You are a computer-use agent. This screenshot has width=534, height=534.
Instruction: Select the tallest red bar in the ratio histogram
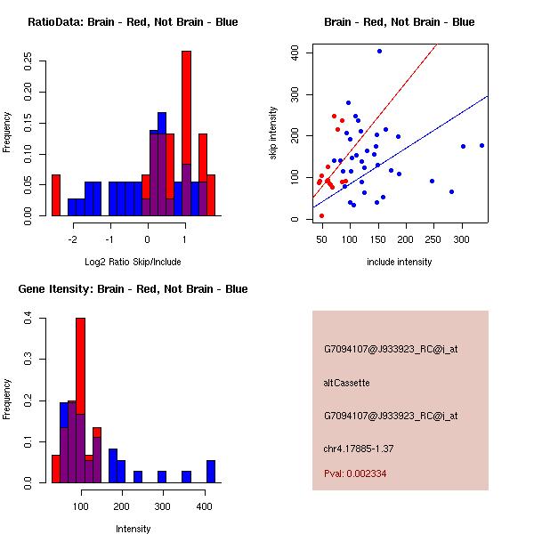point(186,107)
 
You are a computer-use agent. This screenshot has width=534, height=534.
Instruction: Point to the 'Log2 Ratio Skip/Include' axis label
point(133,262)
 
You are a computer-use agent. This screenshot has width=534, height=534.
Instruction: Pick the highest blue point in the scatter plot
point(379,52)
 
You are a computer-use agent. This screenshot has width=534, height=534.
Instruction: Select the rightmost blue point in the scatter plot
point(481,145)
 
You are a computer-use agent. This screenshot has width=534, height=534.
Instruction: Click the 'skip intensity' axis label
point(273,133)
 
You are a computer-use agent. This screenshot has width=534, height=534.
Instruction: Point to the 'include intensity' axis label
point(400,262)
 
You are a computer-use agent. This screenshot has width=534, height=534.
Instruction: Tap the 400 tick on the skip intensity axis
point(296,53)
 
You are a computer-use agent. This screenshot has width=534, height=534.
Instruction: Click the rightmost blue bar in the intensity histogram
point(211,471)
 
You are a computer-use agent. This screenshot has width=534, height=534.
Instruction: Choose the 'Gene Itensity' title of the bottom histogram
point(133,289)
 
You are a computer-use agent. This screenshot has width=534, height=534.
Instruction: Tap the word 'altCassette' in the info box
point(346,383)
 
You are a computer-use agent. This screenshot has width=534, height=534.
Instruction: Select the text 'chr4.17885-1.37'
point(359,448)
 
